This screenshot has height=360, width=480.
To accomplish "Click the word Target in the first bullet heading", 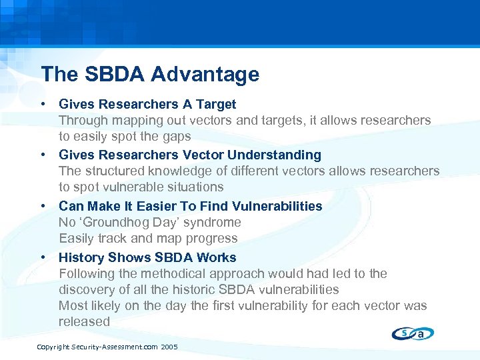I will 216,104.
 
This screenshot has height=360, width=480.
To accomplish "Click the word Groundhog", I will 118,222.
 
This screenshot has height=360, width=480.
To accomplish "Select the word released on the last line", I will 84,321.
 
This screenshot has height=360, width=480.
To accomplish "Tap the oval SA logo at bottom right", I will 413,334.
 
